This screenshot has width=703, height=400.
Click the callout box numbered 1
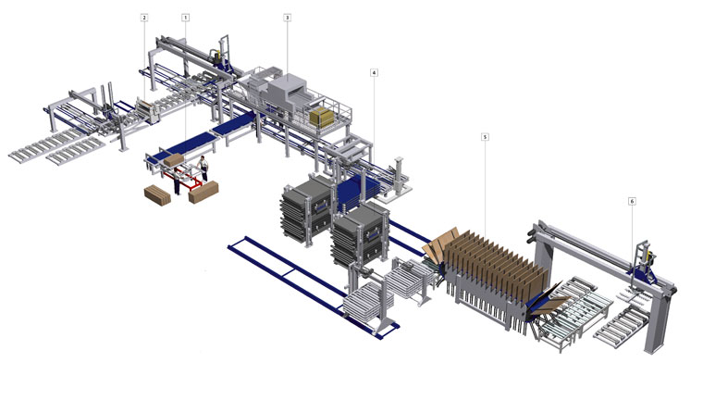pos(185,18)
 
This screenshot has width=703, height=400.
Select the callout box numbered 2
pos(144,18)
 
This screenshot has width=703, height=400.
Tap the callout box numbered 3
pos(287,18)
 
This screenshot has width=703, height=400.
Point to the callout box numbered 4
pos(374,72)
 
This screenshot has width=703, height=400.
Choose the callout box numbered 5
pos(485,136)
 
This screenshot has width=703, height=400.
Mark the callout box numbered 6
pos(632,201)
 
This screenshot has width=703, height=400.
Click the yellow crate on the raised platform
pos(322,118)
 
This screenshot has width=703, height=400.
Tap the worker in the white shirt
pos(203,168)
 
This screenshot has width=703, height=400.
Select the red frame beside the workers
pos(184,180)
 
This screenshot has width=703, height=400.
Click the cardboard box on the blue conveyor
pos(174,159)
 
